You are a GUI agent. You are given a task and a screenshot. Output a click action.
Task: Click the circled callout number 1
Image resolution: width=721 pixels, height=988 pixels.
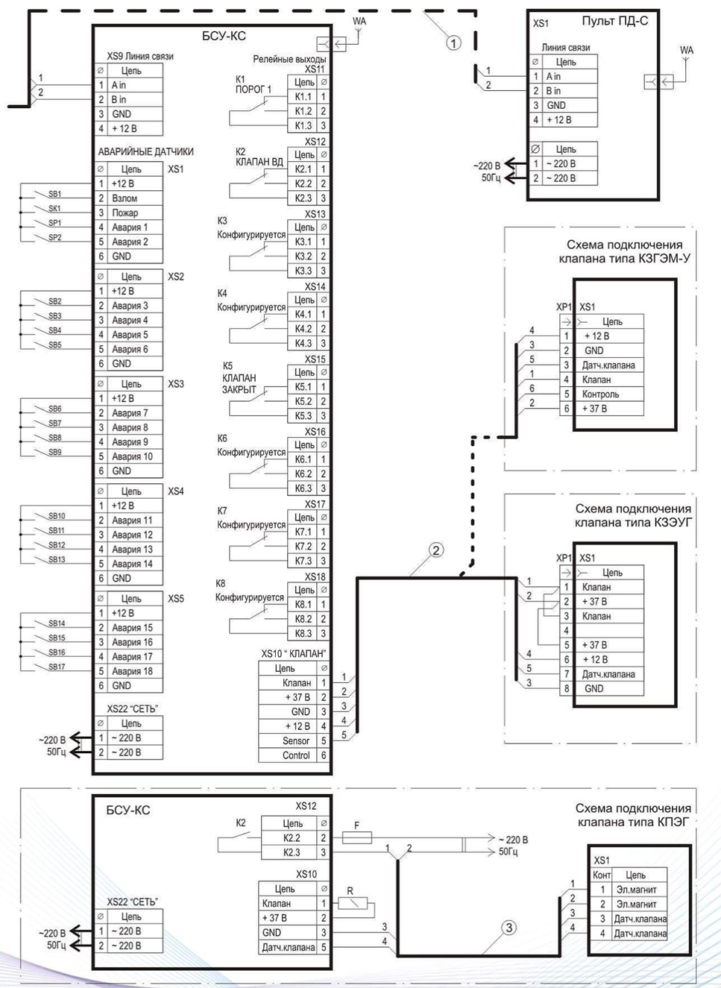454,43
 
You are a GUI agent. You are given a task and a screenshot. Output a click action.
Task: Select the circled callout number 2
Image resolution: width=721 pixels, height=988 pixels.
435,550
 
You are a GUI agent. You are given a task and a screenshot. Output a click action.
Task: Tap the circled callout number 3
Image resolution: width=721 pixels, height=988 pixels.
509,928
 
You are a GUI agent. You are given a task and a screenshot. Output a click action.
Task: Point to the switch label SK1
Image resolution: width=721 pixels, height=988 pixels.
54,208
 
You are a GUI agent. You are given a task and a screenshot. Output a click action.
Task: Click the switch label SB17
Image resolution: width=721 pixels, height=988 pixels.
57,667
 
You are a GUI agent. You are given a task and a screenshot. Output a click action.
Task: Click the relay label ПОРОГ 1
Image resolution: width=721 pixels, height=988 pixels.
254,89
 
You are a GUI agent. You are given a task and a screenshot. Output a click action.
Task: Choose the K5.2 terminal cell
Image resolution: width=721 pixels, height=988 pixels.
303,401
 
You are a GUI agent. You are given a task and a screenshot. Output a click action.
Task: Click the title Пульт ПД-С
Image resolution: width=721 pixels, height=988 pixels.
614,21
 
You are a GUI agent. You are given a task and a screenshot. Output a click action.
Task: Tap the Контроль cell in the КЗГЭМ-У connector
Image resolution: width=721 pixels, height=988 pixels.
608,394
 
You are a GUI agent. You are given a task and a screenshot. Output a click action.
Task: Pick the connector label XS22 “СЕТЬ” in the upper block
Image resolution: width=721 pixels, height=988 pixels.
132,709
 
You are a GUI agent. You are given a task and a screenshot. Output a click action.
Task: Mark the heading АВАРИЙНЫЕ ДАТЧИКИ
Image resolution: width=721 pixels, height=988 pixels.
145,151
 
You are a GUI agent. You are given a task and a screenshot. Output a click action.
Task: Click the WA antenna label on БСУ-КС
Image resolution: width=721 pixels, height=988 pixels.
359,21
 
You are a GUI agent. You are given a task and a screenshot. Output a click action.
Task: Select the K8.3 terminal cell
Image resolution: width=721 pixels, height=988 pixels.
303,633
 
